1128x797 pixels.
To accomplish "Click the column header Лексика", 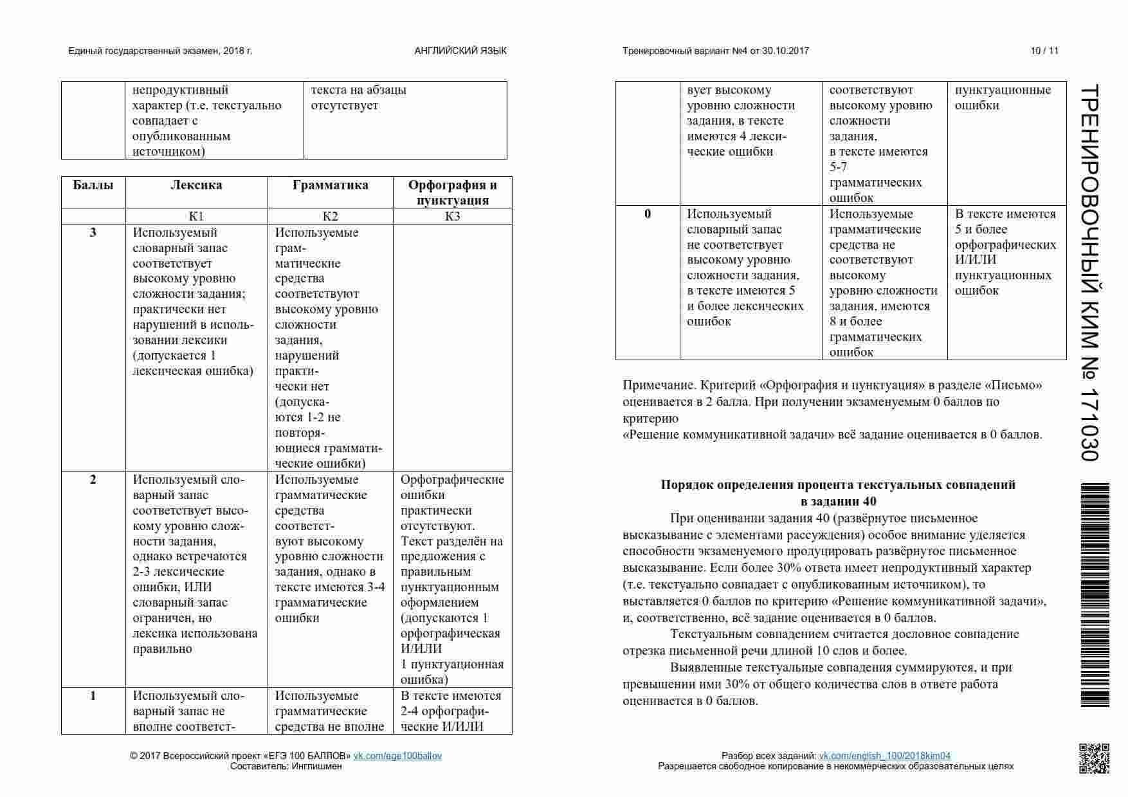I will [x=196, y=185].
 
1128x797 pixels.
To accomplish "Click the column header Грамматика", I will [x=330, y=185].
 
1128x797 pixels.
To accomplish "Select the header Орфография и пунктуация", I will [x=452, y=192].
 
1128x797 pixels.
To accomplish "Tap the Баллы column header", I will [x=93, y=185].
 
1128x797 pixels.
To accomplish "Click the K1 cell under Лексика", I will [x=196, y=216].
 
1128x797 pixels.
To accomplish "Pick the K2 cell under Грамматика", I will [x=330, y=216].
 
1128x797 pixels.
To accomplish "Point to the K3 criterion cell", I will [x=452, y=216].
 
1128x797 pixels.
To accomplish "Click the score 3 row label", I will [x=93, y=232].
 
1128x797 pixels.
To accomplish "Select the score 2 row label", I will [x=93, y=479].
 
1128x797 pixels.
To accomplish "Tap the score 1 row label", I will [x=93, y=695].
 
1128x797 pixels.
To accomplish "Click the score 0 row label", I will [x=648, y=214].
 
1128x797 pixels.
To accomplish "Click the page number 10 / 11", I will [x=1044, y=51].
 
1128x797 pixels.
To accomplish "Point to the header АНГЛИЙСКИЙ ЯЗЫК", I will [x=460, y=51].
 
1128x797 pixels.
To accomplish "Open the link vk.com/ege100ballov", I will [x=397, y=756].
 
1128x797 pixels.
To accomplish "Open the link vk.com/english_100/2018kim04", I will [x=884, y=756].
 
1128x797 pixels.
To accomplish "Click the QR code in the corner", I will [x=1093, y=758].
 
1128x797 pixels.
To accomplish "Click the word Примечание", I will [x=659, y=385].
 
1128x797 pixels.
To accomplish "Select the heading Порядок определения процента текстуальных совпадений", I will [x=838, y=485].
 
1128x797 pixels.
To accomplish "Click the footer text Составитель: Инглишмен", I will [x=286, y=766].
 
